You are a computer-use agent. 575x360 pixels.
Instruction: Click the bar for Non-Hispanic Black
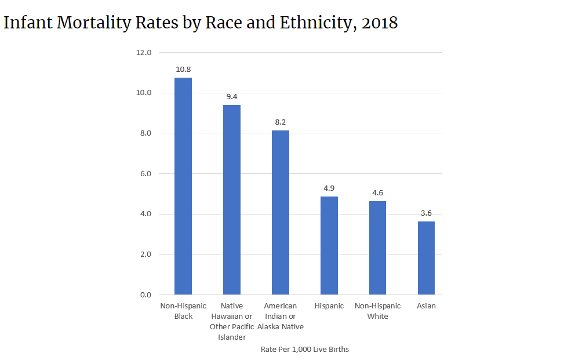coord(183,186)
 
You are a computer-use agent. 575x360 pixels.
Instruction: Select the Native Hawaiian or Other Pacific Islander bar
coord(232,199)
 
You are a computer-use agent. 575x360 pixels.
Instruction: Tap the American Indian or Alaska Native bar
coord(281,212)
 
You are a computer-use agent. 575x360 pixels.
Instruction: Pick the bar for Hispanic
coord(329,245)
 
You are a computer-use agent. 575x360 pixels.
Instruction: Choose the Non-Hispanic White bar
coord(378,248)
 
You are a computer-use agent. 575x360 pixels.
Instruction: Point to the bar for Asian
coord(426,258)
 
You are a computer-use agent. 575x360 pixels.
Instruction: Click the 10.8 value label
coord(183,69)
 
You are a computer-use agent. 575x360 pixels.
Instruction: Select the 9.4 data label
coord(232,96)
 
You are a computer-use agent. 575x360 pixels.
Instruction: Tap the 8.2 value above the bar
coord(281,122)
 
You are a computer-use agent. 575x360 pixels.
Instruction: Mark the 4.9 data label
coord(329,188)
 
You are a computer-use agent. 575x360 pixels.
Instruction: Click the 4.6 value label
coord(378,192)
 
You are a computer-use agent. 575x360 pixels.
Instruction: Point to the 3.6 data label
coord(426,213)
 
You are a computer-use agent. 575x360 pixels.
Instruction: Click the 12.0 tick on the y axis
coord(143,53)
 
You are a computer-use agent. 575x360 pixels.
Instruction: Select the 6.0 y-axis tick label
coord(145,174)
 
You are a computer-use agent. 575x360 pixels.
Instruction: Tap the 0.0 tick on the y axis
coord(145,295)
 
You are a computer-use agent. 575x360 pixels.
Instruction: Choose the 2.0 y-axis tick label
coord(145,254)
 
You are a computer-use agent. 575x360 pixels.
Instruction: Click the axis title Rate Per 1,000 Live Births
coord(304,350)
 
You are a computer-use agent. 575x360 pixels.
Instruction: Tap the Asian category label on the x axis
coord(426,306)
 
